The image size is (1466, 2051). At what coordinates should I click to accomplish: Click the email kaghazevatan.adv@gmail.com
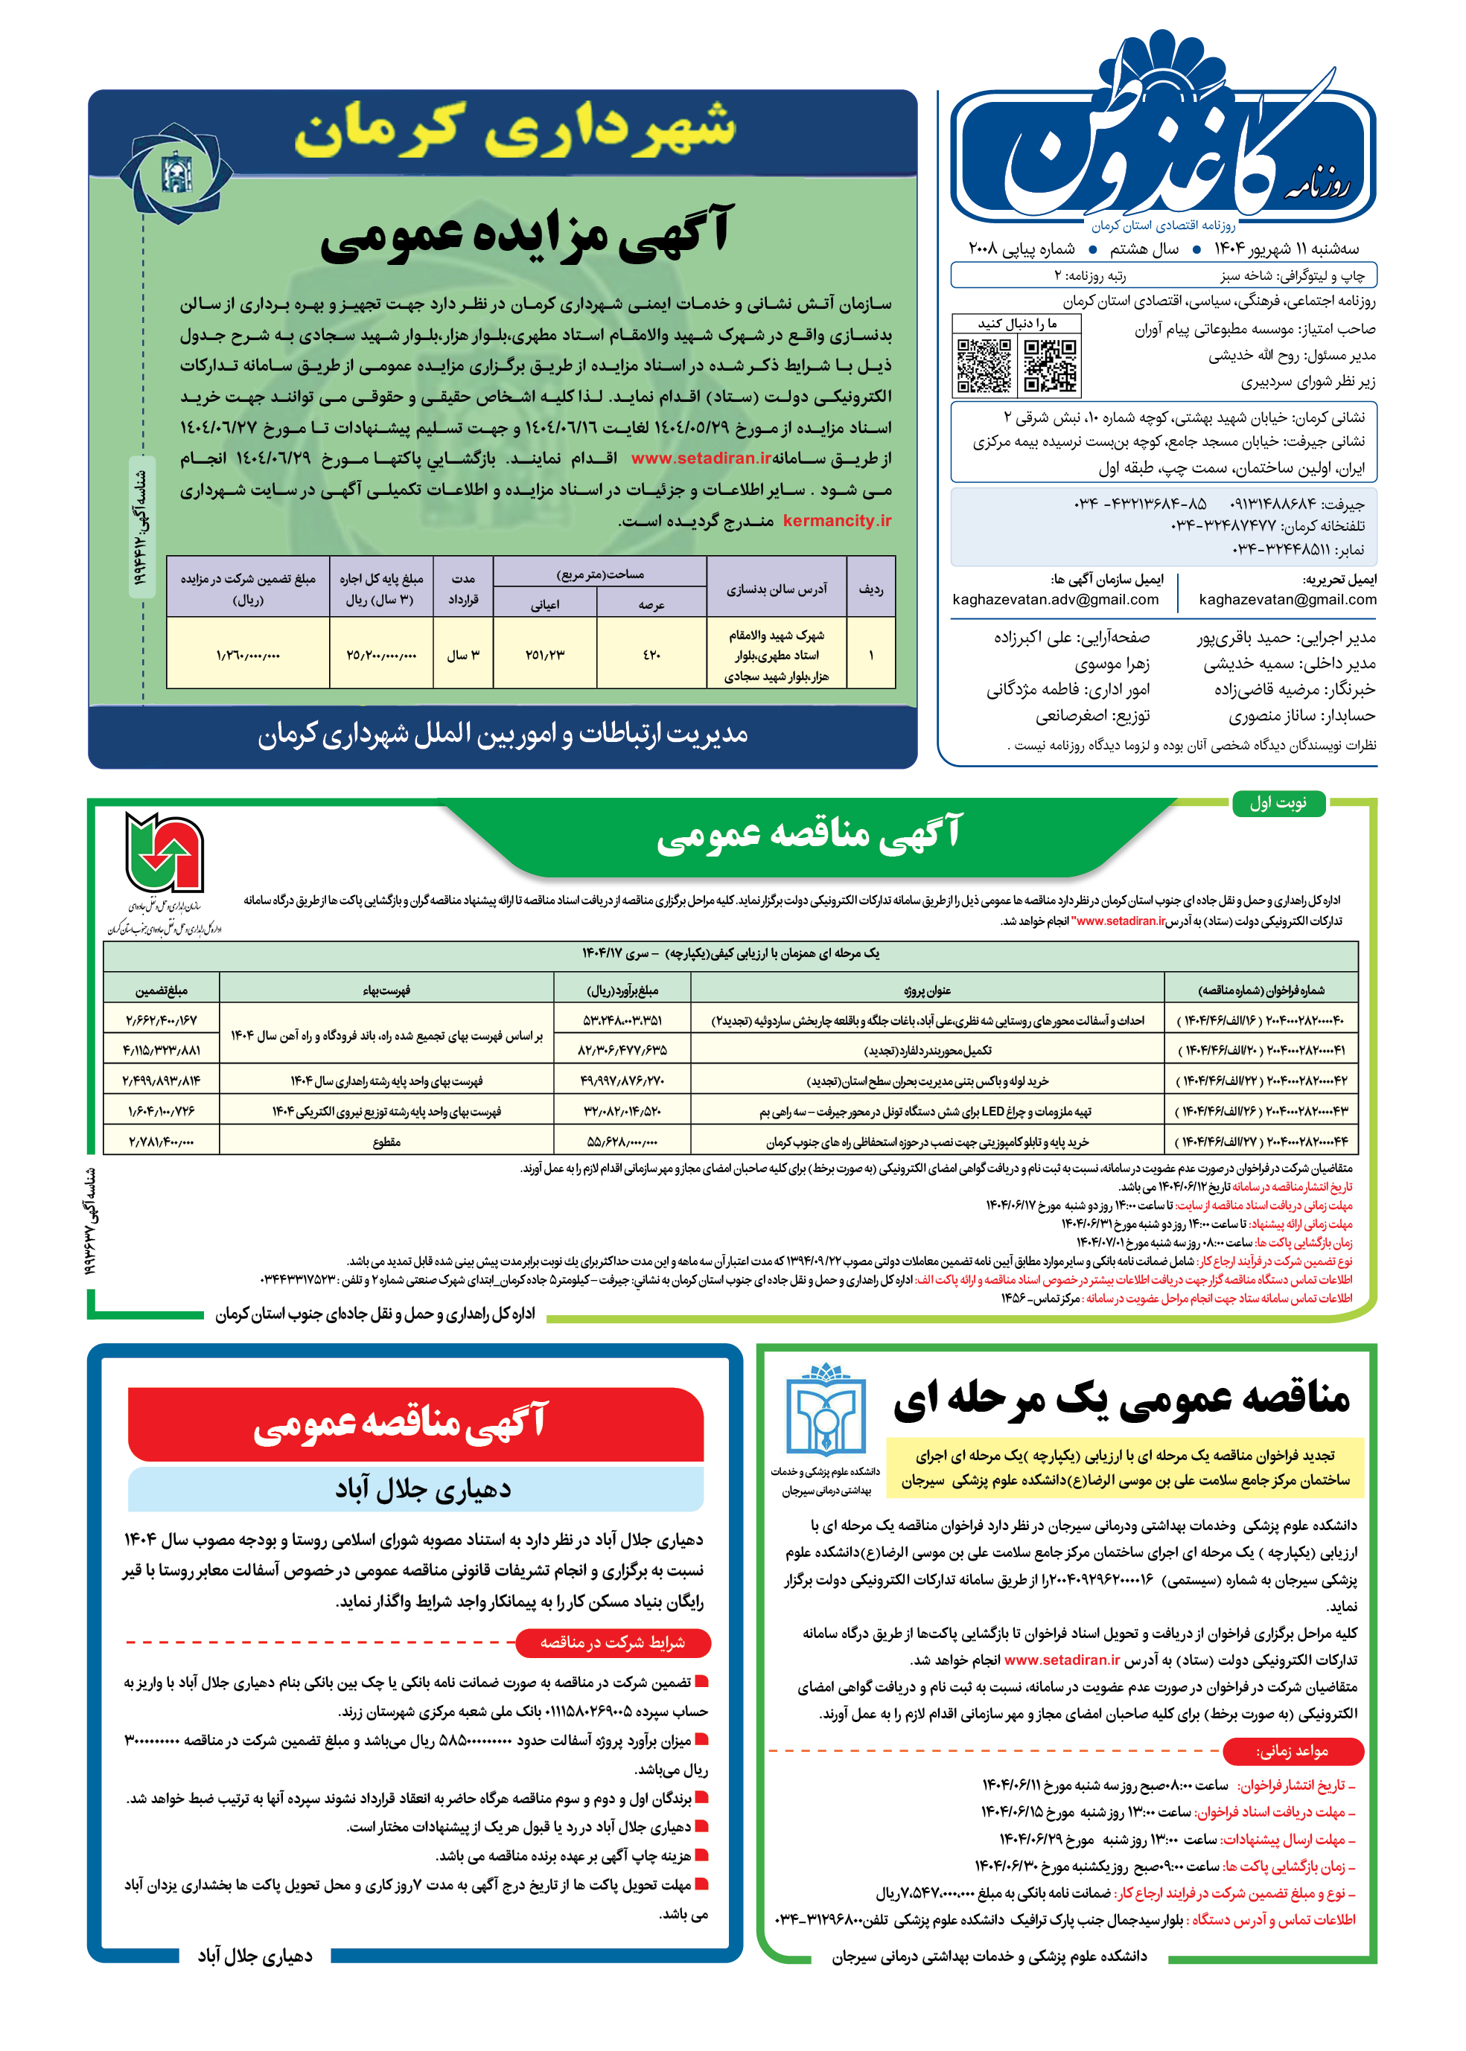tap(1055, 599)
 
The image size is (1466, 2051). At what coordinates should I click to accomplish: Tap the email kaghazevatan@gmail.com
tap(1287, 599)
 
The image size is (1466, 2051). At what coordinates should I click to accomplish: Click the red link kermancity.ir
tap(837, 521)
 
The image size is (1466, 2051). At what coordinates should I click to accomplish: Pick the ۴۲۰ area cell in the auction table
tap(651, 654)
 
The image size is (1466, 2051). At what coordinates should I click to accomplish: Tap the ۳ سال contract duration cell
tap(463, 654)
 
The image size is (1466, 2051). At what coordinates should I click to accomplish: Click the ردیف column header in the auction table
tap(870, 589)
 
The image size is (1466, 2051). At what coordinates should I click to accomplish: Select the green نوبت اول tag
tap(1278, 803)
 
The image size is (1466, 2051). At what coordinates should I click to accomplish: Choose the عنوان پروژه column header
tap(926, 990)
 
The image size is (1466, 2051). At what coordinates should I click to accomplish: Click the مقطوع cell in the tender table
tap(386, 1142)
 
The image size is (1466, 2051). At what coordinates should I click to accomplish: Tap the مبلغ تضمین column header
tap(162, 990)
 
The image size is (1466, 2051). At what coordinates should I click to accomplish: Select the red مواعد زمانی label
tap(1292, 1750)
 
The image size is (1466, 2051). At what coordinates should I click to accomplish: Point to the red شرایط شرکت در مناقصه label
tap(612, 1642)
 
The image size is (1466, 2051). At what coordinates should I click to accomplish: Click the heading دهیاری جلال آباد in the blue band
tap(422, 1489)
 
